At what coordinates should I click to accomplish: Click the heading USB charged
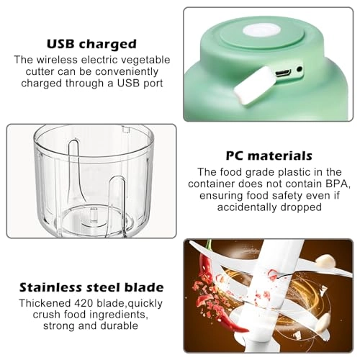click(x=91, y=44)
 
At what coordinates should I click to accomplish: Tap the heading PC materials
click(x=269, y=156)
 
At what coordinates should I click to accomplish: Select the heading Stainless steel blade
click(x=91, y=287)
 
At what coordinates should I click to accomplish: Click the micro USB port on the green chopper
click(x=283, y=73)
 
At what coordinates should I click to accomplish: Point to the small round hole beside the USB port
click(x=299, y=69)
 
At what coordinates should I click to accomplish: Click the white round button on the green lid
click(x=261, y=31)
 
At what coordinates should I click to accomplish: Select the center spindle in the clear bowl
click(x=94, y=215)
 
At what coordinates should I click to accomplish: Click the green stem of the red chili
click(x=209, y=246)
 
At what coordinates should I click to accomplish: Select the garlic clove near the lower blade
click(x=323, y=323)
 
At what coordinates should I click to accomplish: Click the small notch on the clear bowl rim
click(x=126, y=130)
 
